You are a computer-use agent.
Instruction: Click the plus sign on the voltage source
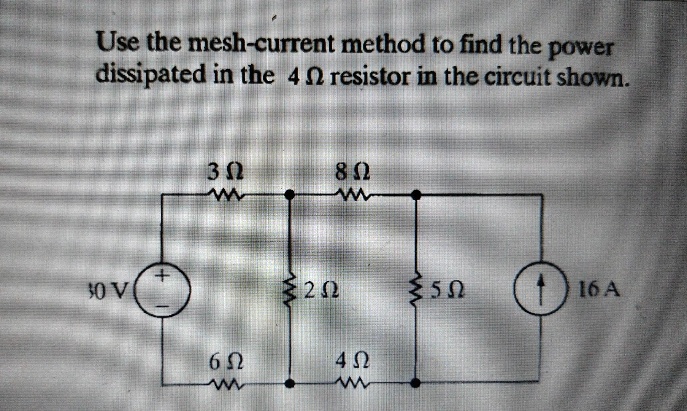[x=163, y=274]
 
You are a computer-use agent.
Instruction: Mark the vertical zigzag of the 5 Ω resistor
[x=417, y=291]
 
